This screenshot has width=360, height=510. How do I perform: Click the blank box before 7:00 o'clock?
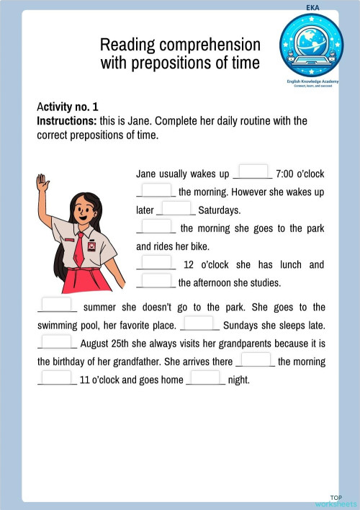252,172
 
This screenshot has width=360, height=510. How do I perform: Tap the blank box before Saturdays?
176,208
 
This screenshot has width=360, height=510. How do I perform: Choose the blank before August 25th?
57,341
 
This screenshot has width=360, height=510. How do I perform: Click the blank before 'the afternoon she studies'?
157,281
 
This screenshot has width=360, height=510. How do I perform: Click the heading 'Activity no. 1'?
68,107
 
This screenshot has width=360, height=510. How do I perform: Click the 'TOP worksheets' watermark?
336,501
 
